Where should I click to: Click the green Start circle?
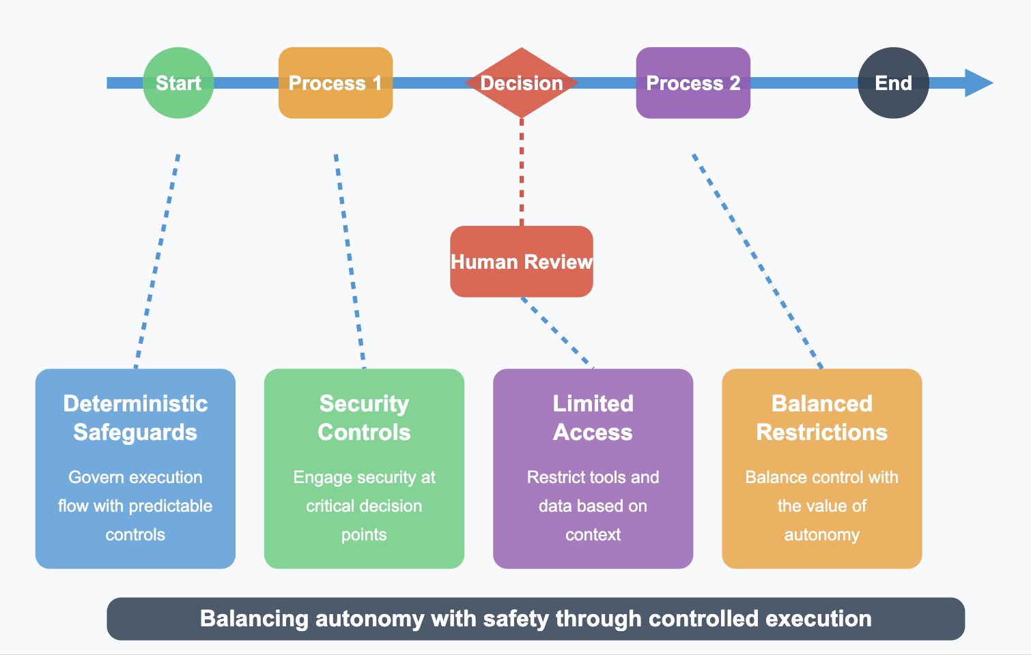178,83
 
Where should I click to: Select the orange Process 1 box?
335,83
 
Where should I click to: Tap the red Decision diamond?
522,83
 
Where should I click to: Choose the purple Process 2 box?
693,83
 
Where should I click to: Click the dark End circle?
893,83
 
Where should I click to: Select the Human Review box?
522,262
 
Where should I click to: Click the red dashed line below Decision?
522,171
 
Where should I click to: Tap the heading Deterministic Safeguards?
135,418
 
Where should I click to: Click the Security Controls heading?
364,418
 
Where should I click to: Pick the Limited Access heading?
593,418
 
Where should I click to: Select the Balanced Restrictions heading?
821,418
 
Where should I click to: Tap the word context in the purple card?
593,535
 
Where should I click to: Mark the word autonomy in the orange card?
821,535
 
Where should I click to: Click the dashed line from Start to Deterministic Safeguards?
158,259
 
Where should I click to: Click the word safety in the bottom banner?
516,619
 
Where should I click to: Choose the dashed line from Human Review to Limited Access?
557,333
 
